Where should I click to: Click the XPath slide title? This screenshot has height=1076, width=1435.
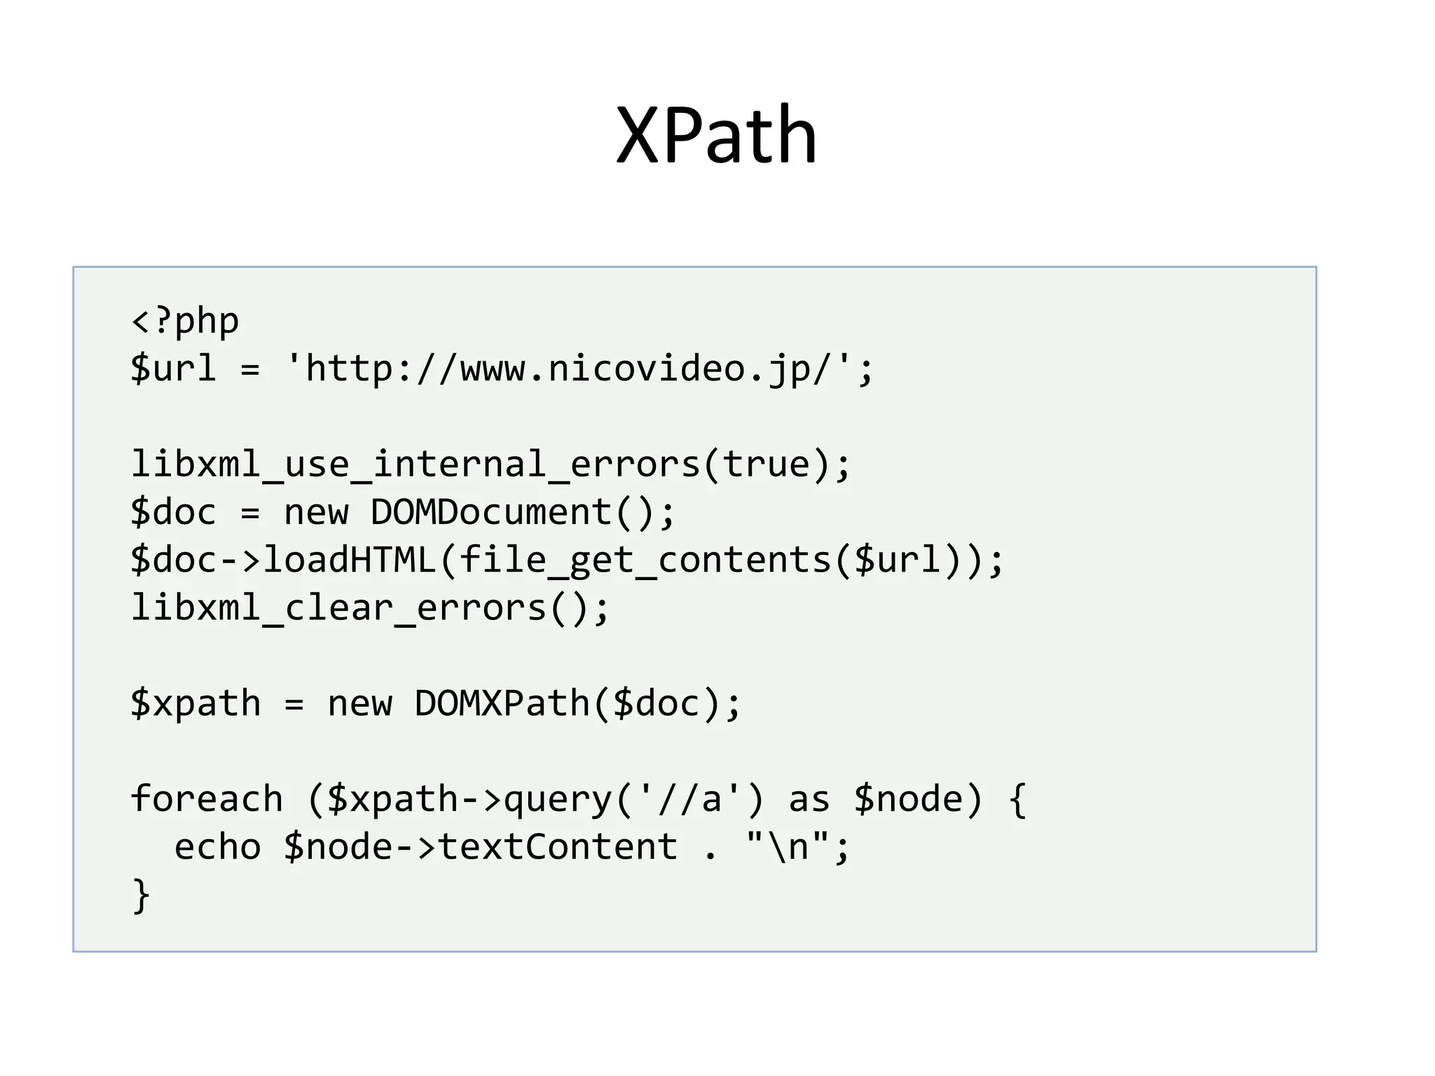click(x=716, y=134)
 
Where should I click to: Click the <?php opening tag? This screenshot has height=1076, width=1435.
click(x=185, y=322)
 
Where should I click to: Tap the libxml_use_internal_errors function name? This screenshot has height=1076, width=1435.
click(x=416, y=464)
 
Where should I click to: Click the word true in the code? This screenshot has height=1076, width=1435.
click(x=767, y=464)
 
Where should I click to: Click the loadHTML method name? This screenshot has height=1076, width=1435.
click(x=350, y=560)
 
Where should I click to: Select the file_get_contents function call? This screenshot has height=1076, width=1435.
click(x=645, y=560)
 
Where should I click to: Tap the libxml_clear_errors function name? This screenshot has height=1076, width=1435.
click(x=338, y=607)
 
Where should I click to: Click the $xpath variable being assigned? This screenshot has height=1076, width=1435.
click(x=195, y=703)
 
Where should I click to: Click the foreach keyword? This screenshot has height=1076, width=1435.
click(x=207, y=799)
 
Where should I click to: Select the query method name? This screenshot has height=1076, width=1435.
click(x=558, y=799)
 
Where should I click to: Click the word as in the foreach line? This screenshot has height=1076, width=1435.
click(x=809, y=799)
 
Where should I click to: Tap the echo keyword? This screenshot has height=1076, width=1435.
click(x=217, y=847)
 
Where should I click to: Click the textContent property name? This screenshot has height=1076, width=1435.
click(x=558, y=847)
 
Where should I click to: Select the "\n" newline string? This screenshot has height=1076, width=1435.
click(x=788, y=847)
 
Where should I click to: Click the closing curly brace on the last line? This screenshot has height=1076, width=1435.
click(x=141, y=895)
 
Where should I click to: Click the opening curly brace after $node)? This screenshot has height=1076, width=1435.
click(x=1018, y=799)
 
